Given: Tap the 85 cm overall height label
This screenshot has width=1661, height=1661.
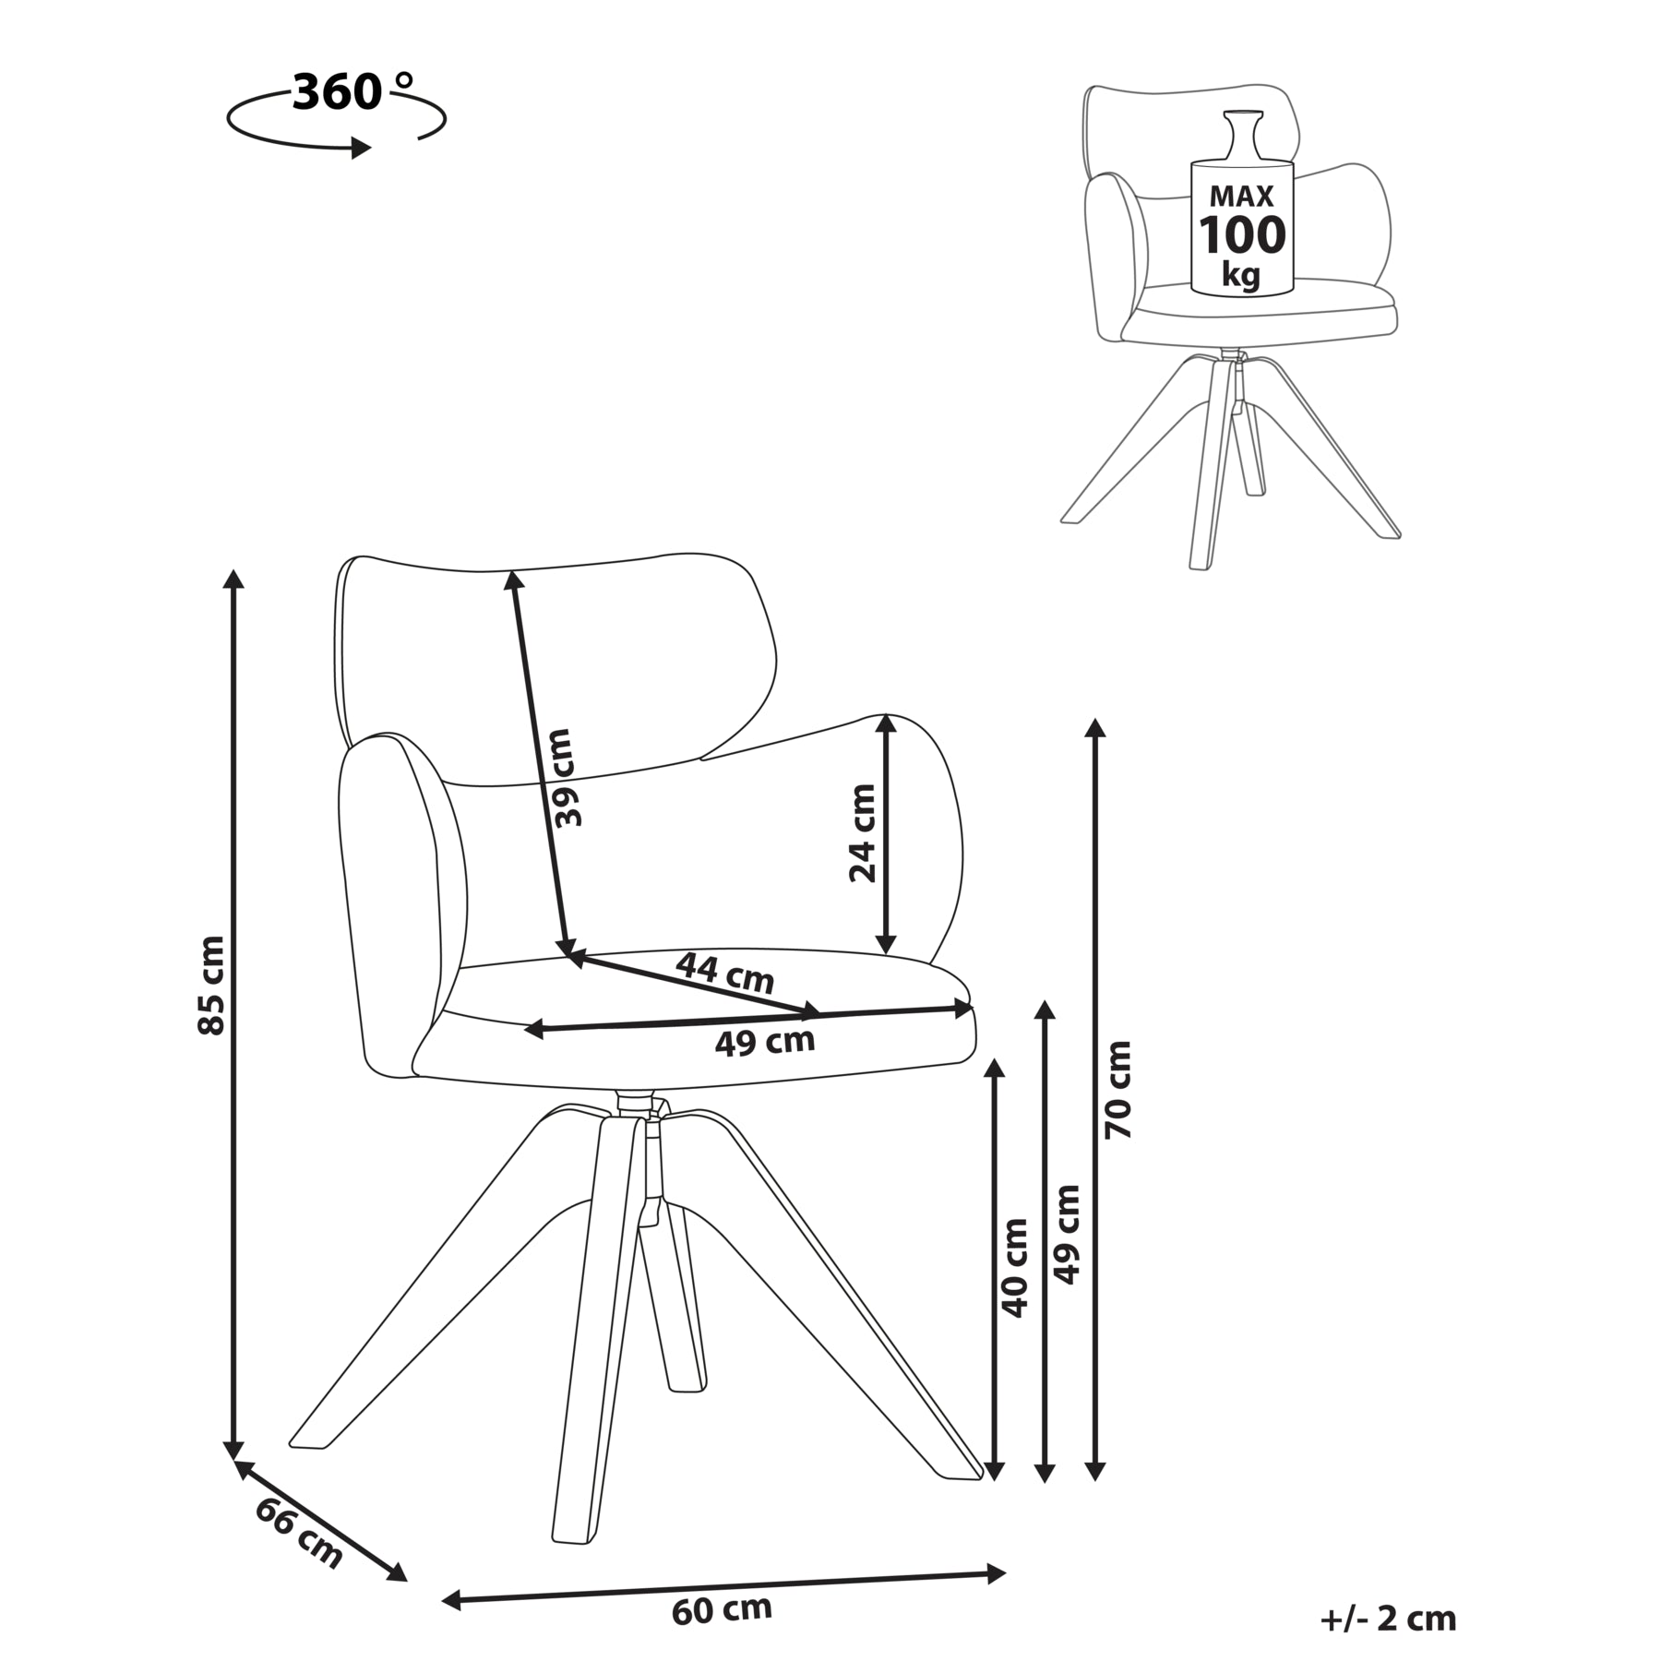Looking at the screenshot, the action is [212, 985].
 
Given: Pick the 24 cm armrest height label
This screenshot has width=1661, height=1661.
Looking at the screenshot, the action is [863, 833].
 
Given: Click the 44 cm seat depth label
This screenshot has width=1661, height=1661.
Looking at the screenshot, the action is [725, 973].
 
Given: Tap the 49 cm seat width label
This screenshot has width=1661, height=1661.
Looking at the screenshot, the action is [765, 1042].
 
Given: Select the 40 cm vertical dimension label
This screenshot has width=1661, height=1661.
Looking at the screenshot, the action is [1014, 1267].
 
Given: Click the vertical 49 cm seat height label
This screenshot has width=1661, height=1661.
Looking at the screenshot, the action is [1067, 1234].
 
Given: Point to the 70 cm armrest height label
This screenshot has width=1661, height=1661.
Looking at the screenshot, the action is [1118, 1089].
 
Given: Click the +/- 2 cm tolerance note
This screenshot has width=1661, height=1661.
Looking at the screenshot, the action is [1389, 1618].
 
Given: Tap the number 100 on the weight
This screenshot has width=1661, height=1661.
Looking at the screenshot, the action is [1242, 234].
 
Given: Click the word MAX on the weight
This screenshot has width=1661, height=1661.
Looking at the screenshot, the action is [1241, 196].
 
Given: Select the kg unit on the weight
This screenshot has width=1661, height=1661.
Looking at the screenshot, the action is [1241, 274].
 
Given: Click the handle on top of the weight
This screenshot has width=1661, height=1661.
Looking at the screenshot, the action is [1241, 134].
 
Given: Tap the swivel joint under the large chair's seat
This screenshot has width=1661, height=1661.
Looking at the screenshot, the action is [635, 1104].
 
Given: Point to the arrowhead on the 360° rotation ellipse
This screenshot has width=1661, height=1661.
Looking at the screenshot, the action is [362, 147].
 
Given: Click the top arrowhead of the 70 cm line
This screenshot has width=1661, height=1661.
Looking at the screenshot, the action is [1094, 727].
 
